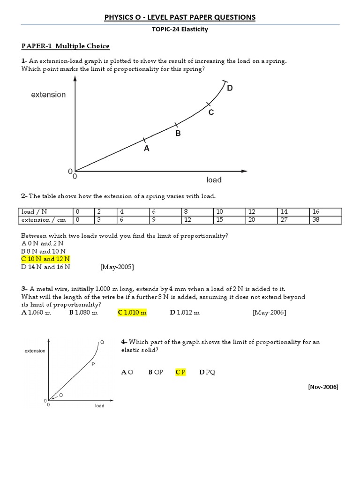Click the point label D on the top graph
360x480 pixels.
(230, 88)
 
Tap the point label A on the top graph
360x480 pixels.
(147, 149)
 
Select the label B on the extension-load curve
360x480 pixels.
(178, 134)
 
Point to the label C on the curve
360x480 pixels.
(211, 112)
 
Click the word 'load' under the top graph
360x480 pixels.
(214, 180)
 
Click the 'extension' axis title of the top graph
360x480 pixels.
(48, 95)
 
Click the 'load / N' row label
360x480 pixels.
(35, 212)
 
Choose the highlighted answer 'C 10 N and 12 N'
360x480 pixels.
(45, 259)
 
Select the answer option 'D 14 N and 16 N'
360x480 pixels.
(45, 267)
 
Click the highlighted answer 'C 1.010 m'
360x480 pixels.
(132, 313)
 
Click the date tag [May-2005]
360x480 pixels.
(117, 267)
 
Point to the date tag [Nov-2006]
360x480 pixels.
(323, 387)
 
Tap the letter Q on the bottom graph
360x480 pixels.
(102, 342)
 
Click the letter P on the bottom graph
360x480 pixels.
(93, 364)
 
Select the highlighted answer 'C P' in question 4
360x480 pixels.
(180, 372)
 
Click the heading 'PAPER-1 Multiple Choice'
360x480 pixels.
(66, 46)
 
